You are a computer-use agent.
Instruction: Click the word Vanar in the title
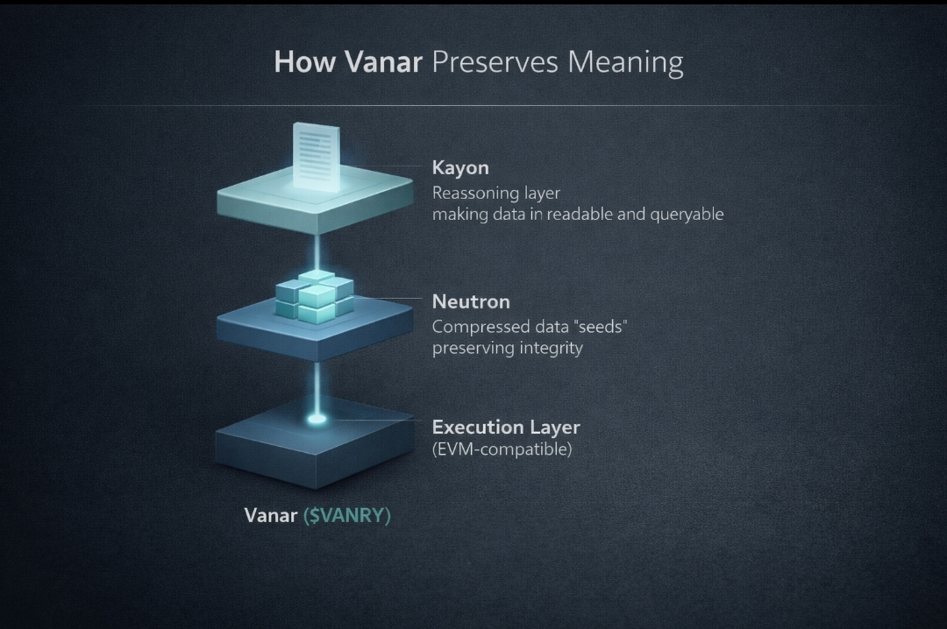(383, 62)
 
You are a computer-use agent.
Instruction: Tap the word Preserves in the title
(495, 62)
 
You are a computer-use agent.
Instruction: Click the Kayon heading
(460, 168)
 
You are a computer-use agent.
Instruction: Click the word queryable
(687, 215)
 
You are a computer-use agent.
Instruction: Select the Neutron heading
(471, 301)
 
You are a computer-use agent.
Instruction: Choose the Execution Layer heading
(506, 428)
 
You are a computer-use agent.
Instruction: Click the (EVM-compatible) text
(502, 449)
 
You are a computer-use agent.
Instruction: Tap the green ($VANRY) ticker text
(346, 515)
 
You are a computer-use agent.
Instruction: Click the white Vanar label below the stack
(271, 515)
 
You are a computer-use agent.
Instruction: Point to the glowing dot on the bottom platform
(317, 419)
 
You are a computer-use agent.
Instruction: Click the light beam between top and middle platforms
(316, 252)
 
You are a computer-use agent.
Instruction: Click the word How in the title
(304, 62)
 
